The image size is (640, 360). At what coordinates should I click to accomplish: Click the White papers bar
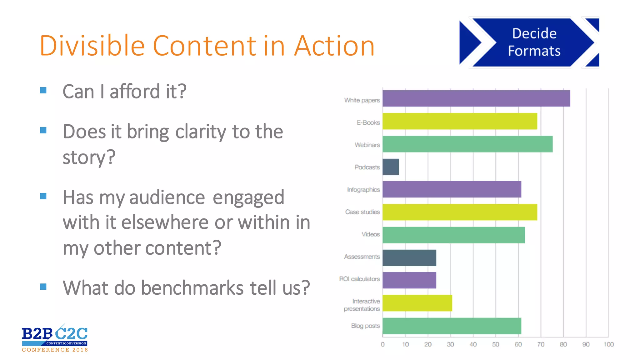(x=476, y=98)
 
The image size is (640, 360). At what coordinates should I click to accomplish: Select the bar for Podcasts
(x=391, y=167)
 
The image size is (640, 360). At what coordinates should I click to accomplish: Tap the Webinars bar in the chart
(x=467, y=144)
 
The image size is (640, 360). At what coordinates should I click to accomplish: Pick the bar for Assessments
(x=409, y=258)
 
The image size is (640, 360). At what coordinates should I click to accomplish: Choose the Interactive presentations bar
(x=417, y=303)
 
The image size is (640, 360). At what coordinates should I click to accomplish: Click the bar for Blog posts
(x=452, y=326)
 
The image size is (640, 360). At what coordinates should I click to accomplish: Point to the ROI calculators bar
(x=409, y=280)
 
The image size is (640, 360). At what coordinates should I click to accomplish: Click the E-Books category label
(x=368, y=122)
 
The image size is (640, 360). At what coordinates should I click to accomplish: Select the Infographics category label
(x=363, y=190)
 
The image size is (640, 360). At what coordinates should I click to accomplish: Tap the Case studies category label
(x=362, y=212)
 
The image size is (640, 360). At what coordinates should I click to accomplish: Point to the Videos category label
(x=371, y=234)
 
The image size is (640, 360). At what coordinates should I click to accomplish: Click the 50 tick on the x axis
(x=496, y=344)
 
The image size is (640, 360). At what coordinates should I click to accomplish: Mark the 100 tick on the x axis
(x=608, y=344)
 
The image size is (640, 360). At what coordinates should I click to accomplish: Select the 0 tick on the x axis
(x=382, y=344)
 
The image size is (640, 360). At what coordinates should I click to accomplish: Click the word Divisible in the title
(x=92, y=46)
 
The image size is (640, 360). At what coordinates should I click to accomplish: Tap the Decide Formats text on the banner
(x=534, y=42)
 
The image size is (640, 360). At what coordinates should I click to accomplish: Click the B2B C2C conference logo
(x=55, y=338)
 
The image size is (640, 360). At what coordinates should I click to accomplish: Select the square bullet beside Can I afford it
(x=43, y=91)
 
